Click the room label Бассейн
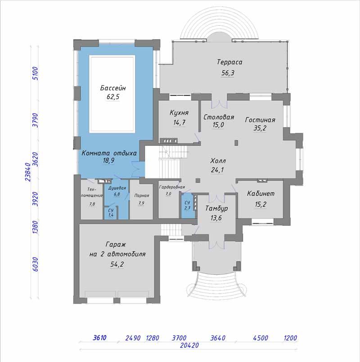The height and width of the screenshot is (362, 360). click(x=113, y=88)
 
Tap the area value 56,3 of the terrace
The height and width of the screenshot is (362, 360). click(x=228, y=73)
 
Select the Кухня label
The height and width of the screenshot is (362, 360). click(x=179, y=113)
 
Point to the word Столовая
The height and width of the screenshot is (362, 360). click(x=219, y=117)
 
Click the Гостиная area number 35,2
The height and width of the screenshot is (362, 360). click(x=260, y=128)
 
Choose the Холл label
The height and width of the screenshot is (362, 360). click(x=218, y=161)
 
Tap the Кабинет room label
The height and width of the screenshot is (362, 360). click(x=261, y=193)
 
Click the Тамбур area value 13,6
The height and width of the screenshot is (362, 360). click(x=216, y=218)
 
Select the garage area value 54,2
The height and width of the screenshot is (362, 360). click(x=117, y=264)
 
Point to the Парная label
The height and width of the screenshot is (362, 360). click(x=142, y=196)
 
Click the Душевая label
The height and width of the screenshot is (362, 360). click(x=117, y=188)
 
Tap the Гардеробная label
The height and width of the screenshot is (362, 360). click(x=172, y=187)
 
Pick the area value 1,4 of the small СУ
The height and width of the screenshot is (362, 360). click(x=111, y=215)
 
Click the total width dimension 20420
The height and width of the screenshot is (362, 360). click(x=189, y=345)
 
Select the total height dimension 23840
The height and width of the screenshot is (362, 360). click(x=28, y=172)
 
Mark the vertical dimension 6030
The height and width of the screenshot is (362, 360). click(x=35, y=264)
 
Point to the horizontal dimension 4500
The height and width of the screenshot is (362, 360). click(x=261, y=338)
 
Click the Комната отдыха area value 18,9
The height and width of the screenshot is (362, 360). click(x=108, y=161)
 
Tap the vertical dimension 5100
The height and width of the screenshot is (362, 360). click(x=35, y=73)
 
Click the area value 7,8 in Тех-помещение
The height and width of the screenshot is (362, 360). click(x=92, y=204)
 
